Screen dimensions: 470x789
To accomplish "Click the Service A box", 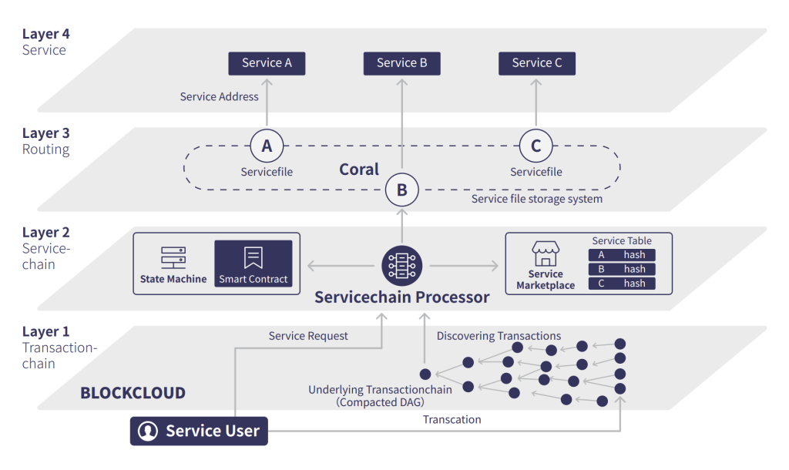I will [x=267, y=63].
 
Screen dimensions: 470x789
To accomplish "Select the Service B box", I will [x=401, y=63].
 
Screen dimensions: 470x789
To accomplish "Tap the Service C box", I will [x=536, y=63].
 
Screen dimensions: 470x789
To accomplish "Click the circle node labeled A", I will [x=267, y=145].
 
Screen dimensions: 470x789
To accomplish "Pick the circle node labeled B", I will [x=401, y=190].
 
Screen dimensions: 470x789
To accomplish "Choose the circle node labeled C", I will [x=536, y=145].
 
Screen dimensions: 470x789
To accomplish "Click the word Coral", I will [x=359, y=170].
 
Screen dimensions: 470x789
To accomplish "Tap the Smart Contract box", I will [x=253, y=264].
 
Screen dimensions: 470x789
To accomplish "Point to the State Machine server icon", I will [x=173, y=257].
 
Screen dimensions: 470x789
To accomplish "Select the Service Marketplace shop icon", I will [x=546, y=253].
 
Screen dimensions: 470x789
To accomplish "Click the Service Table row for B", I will [x=621, y=269].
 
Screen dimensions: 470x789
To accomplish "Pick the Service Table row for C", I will [x=621, y=284].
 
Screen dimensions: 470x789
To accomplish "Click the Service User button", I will [x=199, y=431].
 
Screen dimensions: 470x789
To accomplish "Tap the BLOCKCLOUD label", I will [x=133, y=393].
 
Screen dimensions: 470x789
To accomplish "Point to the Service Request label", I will [x=308, y=336].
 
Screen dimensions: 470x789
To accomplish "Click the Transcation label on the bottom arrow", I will [x=452, y=420].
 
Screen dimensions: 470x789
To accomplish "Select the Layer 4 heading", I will [x=46, y=34].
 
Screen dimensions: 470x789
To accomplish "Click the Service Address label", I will [x=219, y=97].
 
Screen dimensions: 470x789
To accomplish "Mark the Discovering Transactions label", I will [x=499, y=336].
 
